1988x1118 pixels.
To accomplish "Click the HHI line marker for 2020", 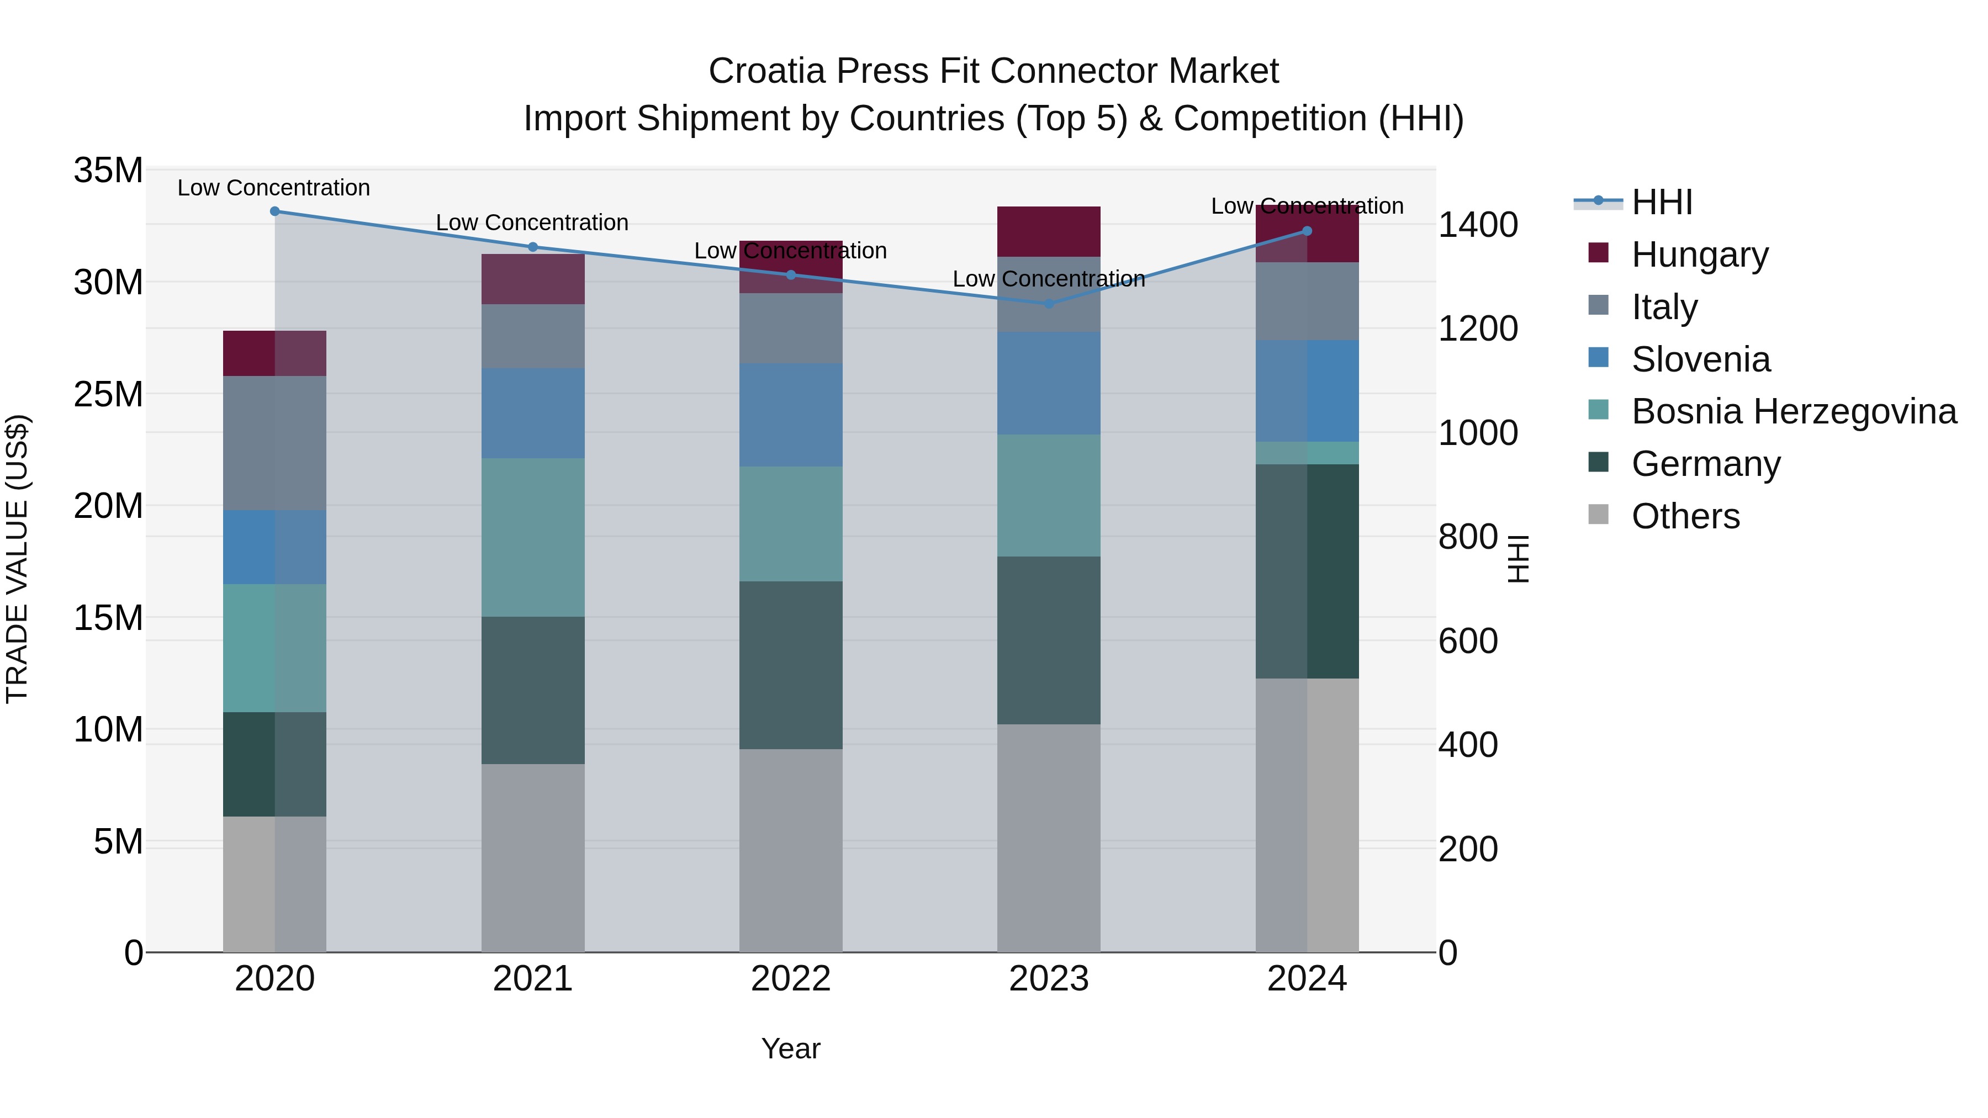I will pos(275,211).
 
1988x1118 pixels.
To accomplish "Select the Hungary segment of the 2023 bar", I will pos(1049,231).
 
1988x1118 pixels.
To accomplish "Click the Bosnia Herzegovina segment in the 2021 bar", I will pos(532,538).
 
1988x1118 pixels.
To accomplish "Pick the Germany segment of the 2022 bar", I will pos(790,665).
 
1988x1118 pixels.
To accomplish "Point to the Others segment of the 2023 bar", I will pos(1049,838).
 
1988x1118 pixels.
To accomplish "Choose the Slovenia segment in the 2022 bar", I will pos(790,415).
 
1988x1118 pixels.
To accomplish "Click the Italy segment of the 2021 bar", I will pos(532,336).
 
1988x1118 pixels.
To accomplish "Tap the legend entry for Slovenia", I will pos(1700,359).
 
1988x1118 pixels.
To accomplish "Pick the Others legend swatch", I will pos(1598,515).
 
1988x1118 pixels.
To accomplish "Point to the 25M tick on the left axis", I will pos(108,394).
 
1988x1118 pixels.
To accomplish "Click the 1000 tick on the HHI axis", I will pos(1478,433).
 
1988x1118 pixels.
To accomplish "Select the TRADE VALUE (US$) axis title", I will pos(17,559).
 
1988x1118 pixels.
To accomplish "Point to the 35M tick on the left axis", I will pos(108,171).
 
